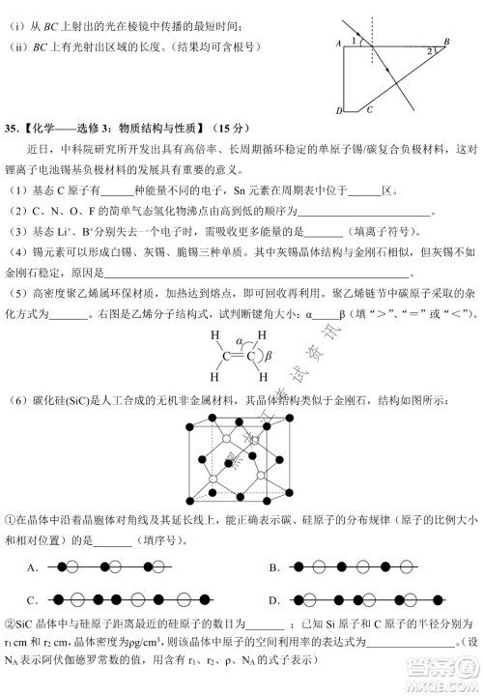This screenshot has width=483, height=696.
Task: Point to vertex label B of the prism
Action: [x=445, y=42]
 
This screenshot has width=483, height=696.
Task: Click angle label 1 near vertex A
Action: [x=355, y=41]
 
